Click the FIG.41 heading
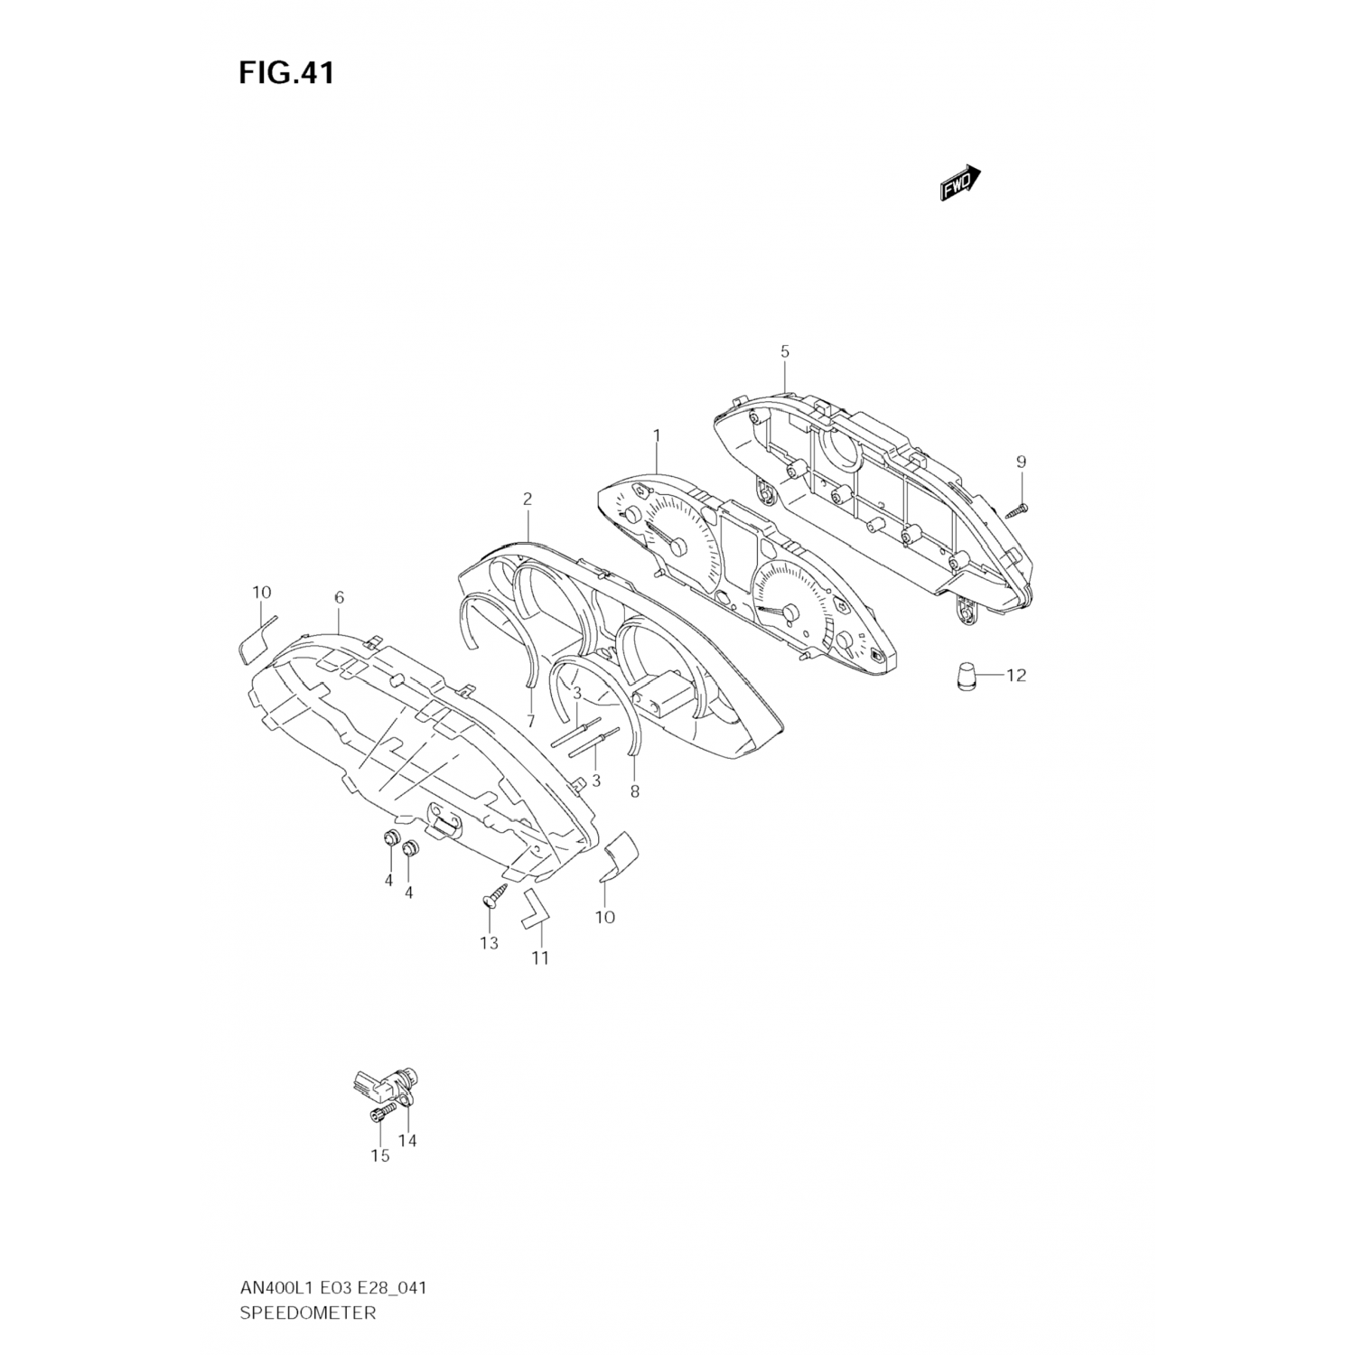pos(285,73)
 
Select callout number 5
pos(785,351)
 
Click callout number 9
pos(1021,463)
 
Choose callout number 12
pos(1016,676)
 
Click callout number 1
pos(657,435)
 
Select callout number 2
pos(528,499)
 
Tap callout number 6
pos(339,597)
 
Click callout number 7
pos(530,721)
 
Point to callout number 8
pos(634,792)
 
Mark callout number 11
pos(539,958)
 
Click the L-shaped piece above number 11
pos(533,908)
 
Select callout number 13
pos(489,944)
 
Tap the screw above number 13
pos(491,898)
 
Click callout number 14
pos(407,1141)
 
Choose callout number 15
pos(379,1155)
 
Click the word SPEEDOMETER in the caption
pos(307,1313)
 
